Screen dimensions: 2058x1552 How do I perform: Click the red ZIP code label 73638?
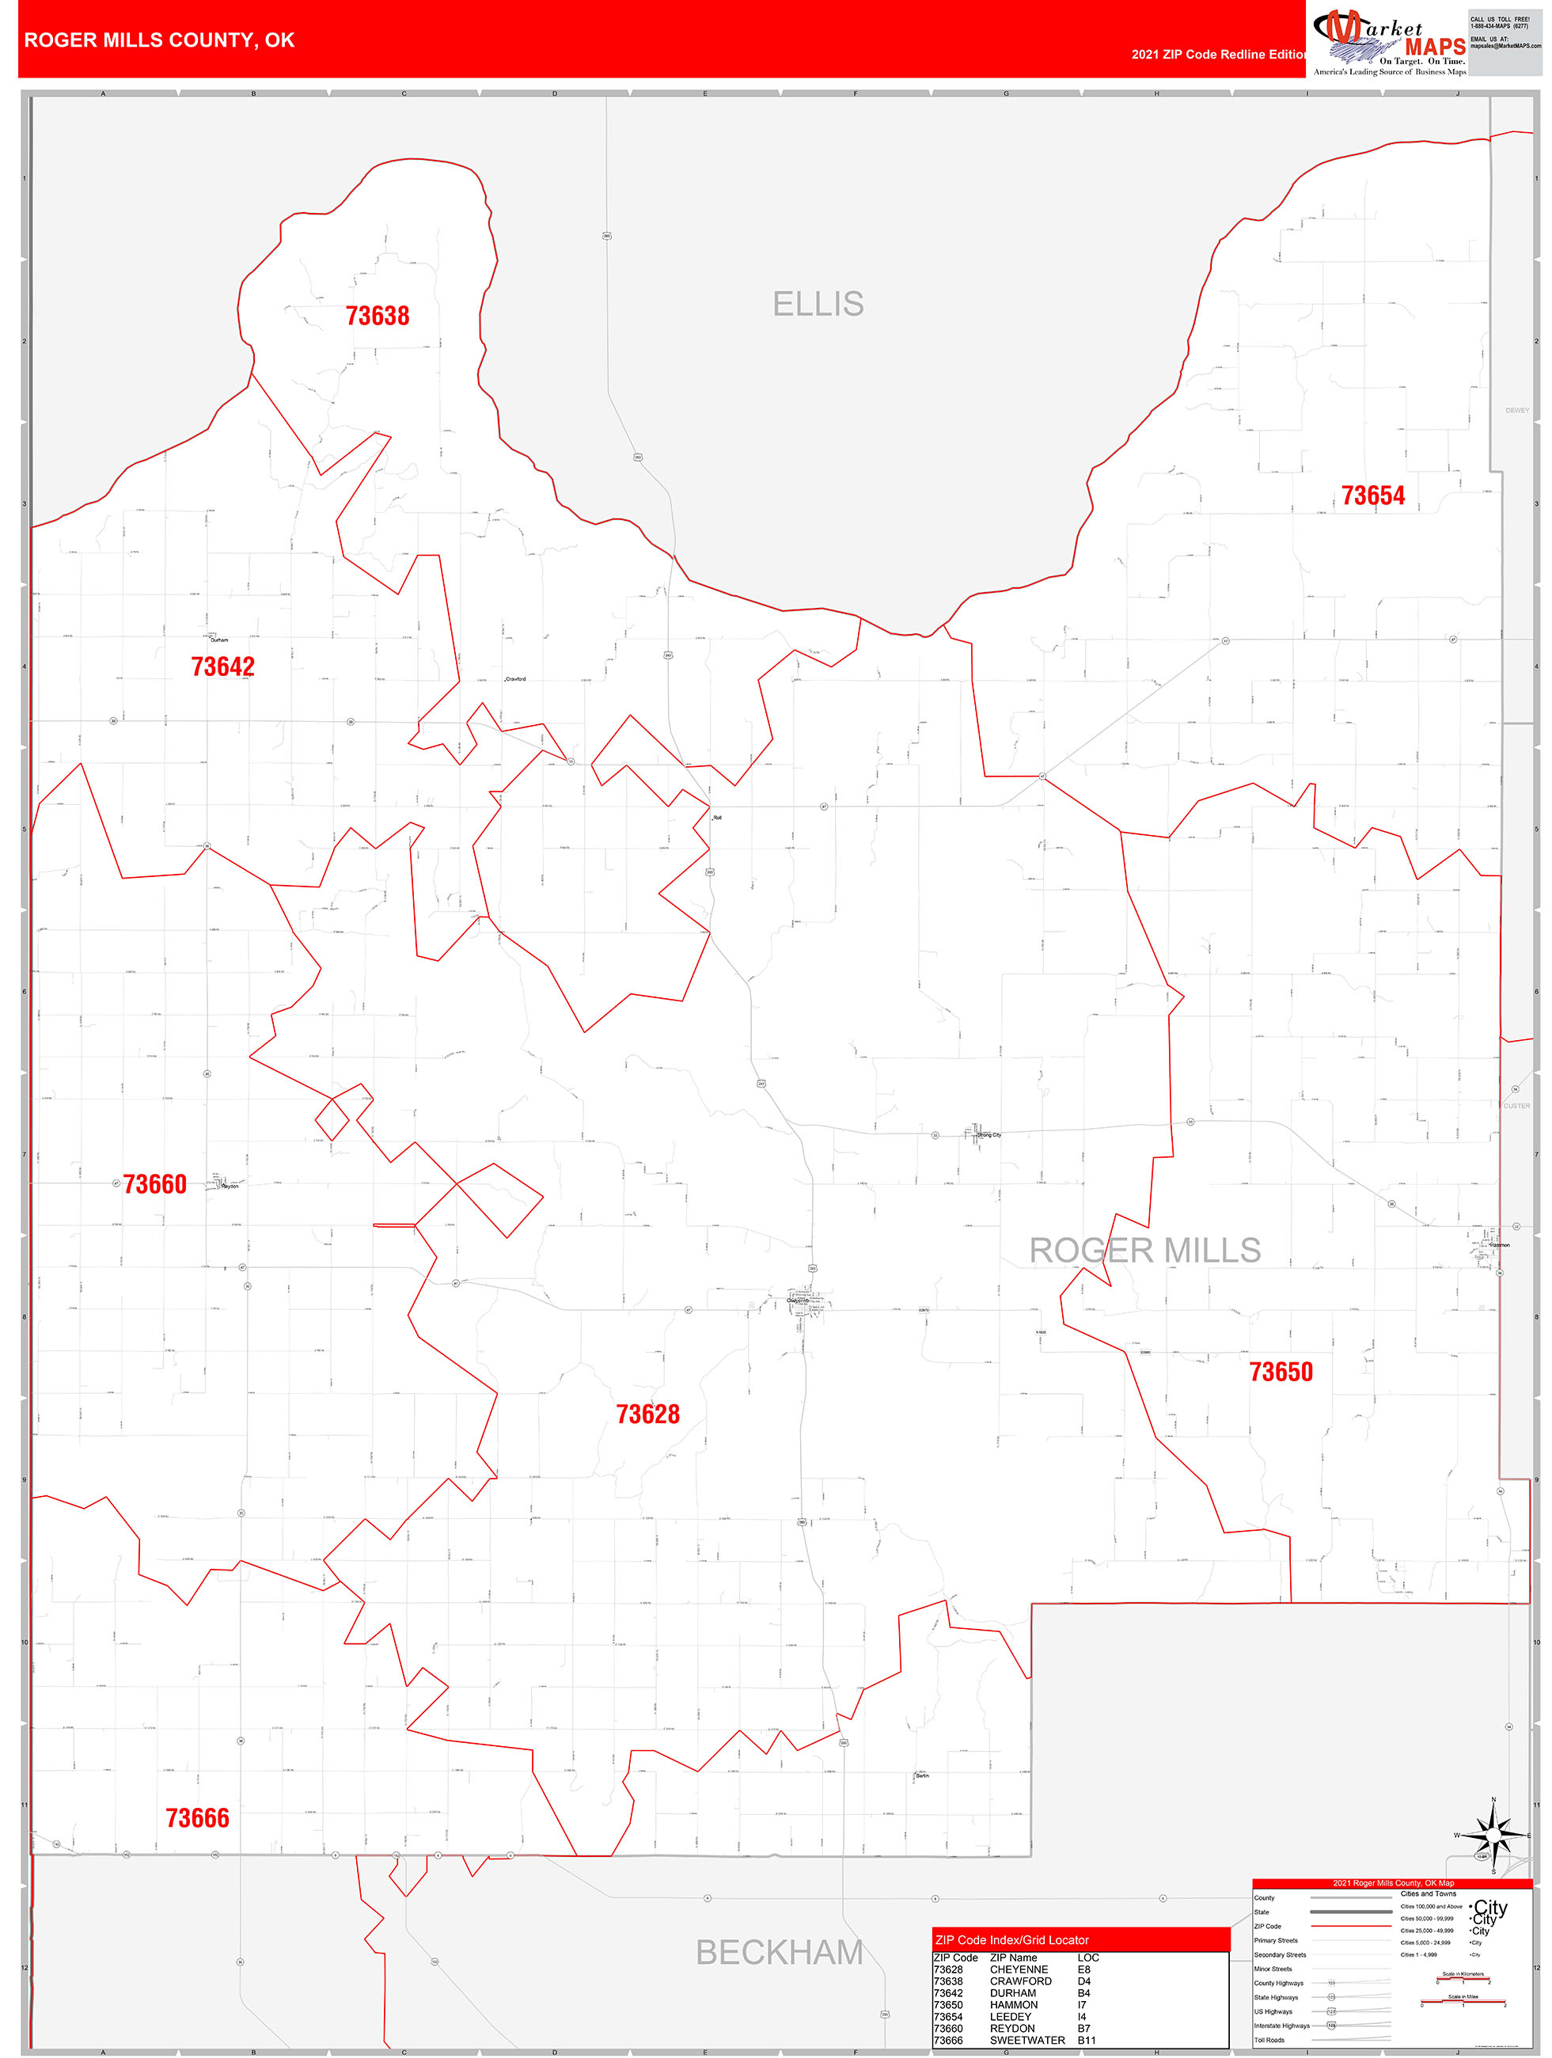pyautogui.click(x=377, y=317)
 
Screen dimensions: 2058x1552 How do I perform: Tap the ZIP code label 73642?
pyautogui.click(x=222, y=667)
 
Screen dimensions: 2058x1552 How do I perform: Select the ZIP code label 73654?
pyautogui.click(x=1372, y=496)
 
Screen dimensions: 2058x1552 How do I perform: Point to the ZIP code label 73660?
pyautogui.click(x=154, y=1184)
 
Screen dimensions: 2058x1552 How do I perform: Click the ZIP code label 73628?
pyautogui.click(x=647, y=1414)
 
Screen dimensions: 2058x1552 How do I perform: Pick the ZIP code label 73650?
pyautogui.click(x=1281, y=1372)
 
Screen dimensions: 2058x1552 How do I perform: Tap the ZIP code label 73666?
pyautogui.click(x=197, y=1818)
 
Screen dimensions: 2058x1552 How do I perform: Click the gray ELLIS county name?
pyautogui.click(x=818, y=304)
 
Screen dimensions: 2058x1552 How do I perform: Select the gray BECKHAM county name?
pyautogui.click(x=780, y=1952)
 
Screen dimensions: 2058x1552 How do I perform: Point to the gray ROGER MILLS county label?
pyautogui.click(x=1144, y=1251)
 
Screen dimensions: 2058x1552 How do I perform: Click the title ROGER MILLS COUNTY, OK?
pyautogui.click(x=159, y=40)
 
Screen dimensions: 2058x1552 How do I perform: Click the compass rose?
pyautogui.click(x=1493, y=1836)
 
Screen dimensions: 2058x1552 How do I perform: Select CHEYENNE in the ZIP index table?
pyautogui.click(x=1019, y=1969)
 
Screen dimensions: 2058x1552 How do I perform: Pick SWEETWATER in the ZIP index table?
pyautogui.click(x=1027, y=2041)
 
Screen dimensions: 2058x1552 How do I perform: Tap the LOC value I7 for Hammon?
pyautogui.click(x=1081, y=2005)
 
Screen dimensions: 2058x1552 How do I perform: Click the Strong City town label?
pyautogui.click(x=989, y=1135)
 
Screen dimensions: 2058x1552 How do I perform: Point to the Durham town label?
pyautogui.click(x=219, y=640)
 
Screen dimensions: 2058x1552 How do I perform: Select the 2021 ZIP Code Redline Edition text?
pyautogui.click(x=1219, y=55)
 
